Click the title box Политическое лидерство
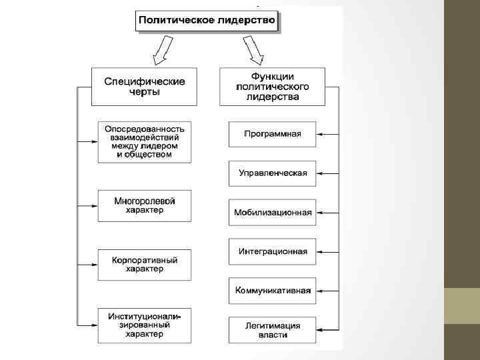click(x=206, y=21)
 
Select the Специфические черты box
click(x=144, y=86)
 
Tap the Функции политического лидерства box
click(x=271, y=86)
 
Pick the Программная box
click(x=272, y=133)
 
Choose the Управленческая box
click(x=272, y=173)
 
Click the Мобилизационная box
click(x=272, y=213)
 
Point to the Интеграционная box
click(x=272, y=251)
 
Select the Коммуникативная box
click(x=272, y=291)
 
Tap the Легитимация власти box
click(x=272, y=330)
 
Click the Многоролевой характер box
click(x=144, y=205)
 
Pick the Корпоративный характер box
click(x=144, y=264)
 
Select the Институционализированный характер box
click(x=144, y=325)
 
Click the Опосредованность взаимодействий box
click(x=144, y=141)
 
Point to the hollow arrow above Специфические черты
click(x=161, y=51)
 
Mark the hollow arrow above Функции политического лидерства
click(x=253, y=49)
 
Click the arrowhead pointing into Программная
click(x=319, y=134)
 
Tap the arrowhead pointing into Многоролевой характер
click(x=95, y=205)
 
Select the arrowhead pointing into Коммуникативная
click(x=319, y=291)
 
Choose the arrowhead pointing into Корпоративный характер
click(x=95, y=265)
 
